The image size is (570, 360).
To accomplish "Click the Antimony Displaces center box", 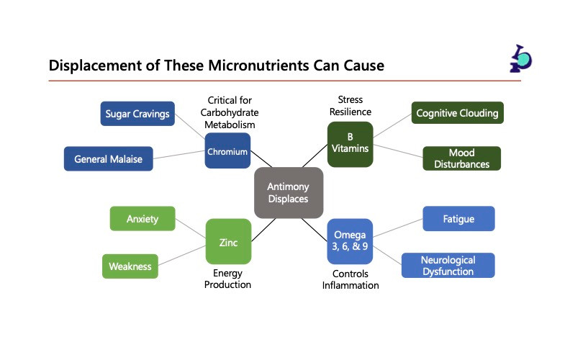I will (x=289, y=192).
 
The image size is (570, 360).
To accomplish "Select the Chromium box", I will (x=227, y=151).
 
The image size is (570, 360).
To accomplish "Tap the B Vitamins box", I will (x=350, y=143).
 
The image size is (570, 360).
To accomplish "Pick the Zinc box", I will (x=228, y=242).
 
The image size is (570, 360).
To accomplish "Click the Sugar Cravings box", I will (x=137, y=114).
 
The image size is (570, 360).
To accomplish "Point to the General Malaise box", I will (x=109, y=159).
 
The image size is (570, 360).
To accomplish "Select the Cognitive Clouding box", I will (x=457, y=113).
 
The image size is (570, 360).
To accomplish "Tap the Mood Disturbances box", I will (x=461, y=158).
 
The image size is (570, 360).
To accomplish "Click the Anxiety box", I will (x=142, y=218).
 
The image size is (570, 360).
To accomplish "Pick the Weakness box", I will (x=130, y=266).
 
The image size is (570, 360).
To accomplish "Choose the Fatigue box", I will (x=458, y=218).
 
